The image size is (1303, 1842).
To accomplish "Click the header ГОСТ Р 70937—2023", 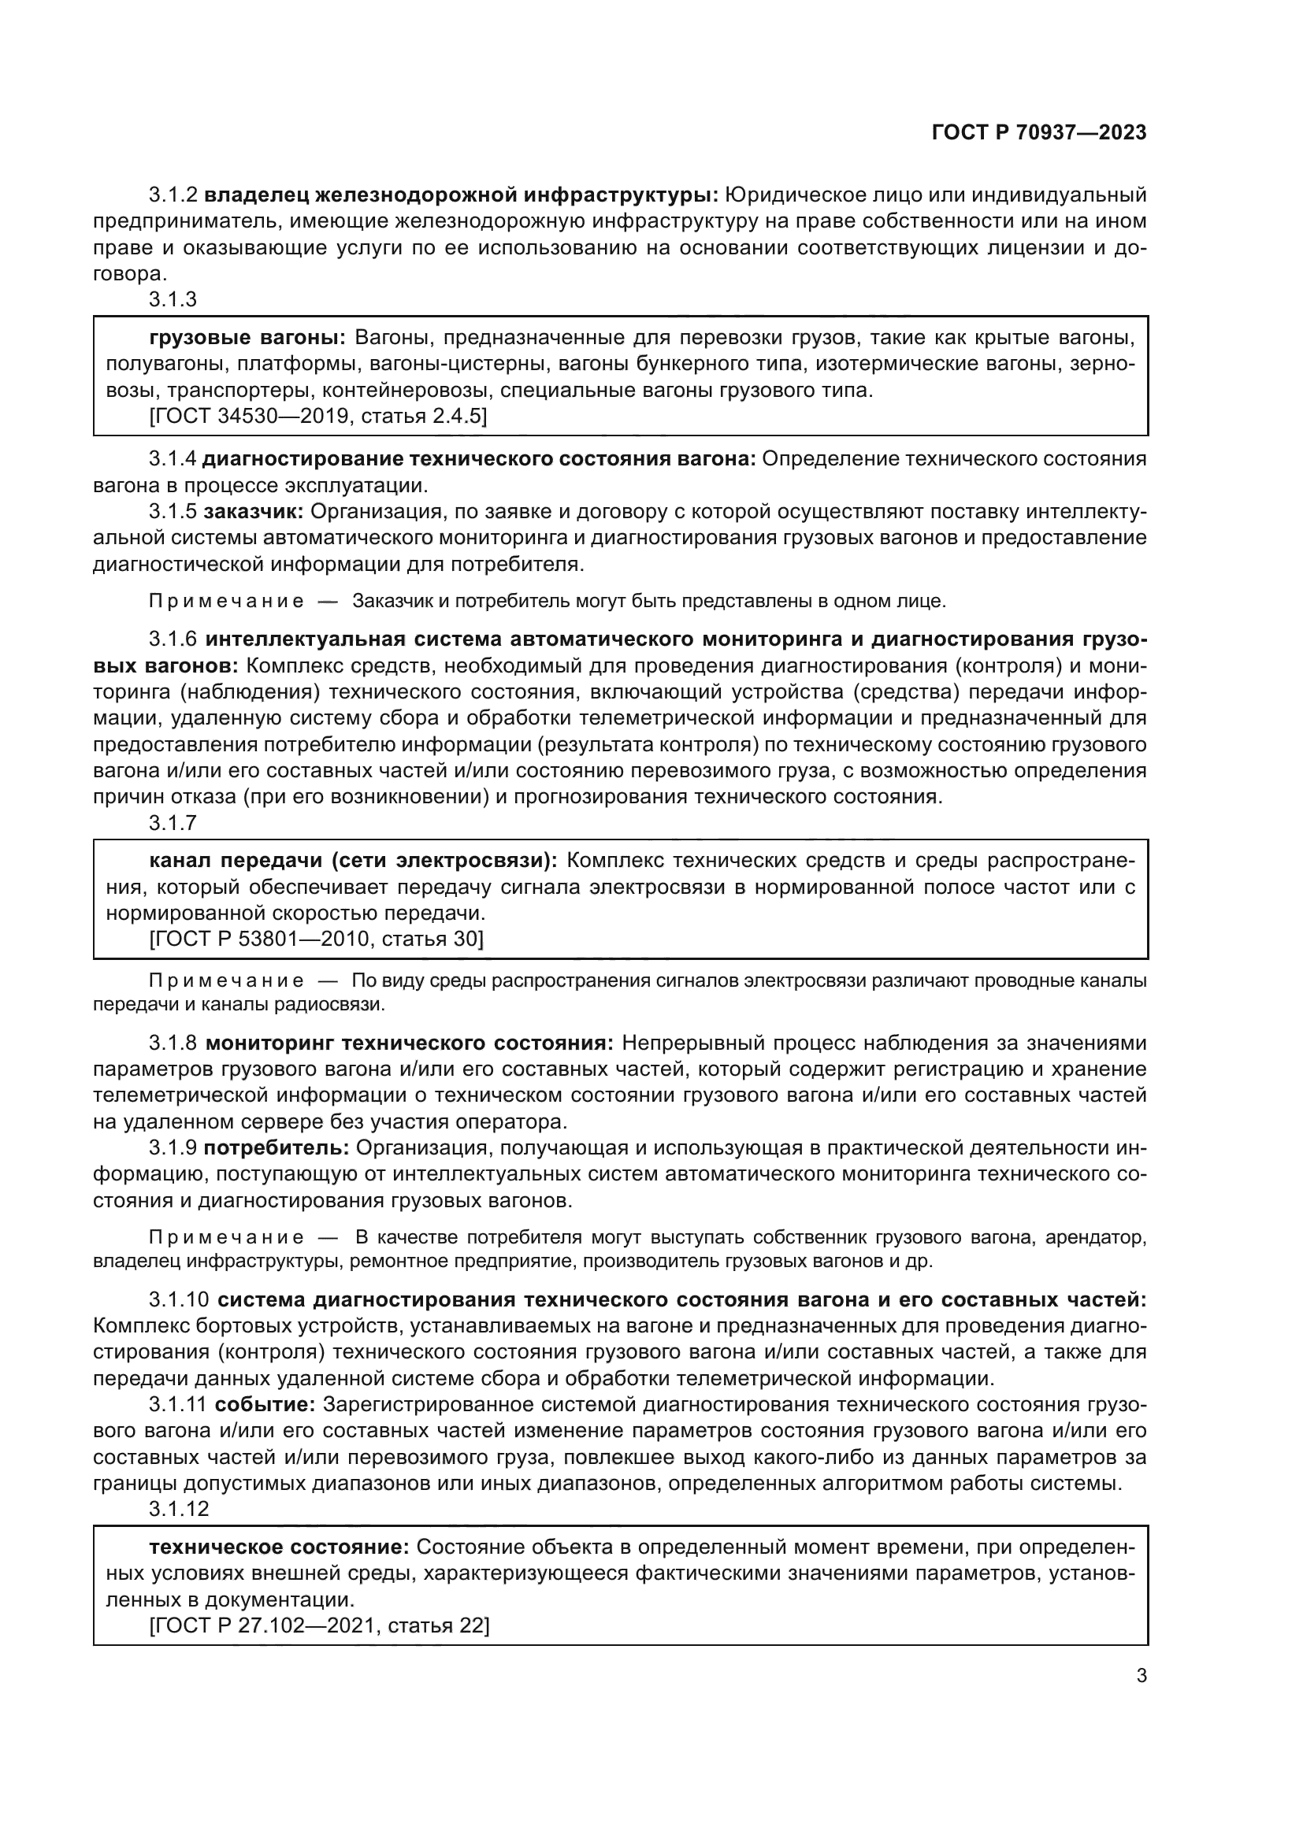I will point(1038,133).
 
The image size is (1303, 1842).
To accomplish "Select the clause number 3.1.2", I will point(173,195).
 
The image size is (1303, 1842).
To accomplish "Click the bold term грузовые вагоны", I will point(247,338).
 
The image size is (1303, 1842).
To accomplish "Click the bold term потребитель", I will point(276,1148).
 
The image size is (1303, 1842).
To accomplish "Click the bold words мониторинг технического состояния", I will point(409,1043).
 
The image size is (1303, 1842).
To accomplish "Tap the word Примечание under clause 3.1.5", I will point(226,601).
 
